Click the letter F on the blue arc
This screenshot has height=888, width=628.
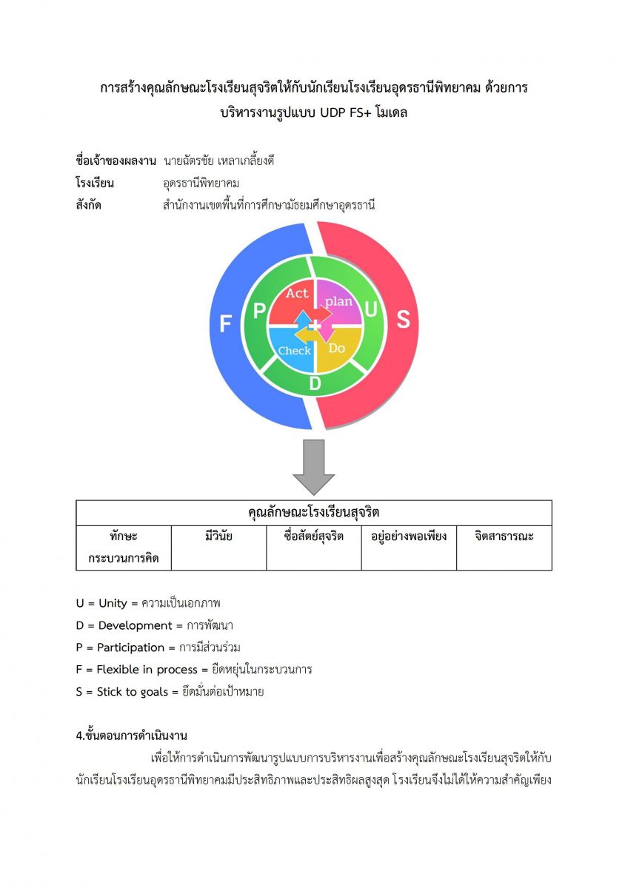[226, 323]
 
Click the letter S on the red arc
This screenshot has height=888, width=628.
[403, 319]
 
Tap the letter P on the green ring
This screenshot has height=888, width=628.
[259, 312]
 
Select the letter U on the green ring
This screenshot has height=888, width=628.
[371, 312]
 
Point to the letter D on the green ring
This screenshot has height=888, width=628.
[315, 383]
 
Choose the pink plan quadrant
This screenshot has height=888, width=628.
[338, 301]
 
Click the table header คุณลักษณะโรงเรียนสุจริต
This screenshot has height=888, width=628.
[314, 513]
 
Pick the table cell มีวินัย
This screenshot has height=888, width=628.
[218, 536]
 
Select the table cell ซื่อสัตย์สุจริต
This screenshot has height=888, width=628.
[314, 536]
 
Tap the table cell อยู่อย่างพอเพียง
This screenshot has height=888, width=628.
[409, 536]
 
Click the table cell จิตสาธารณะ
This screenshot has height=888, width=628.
[504, 536]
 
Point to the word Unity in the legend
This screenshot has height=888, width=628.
[113, 603]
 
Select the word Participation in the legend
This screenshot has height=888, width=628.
[131, 647]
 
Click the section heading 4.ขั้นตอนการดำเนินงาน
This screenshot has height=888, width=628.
[132, 736]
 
